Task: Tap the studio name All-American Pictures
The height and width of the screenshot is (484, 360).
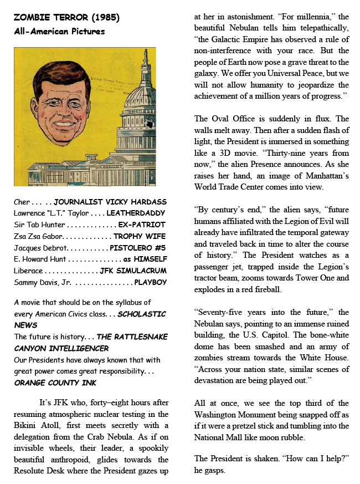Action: point(59,31)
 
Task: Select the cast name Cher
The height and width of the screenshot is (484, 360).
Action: point(22,202)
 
